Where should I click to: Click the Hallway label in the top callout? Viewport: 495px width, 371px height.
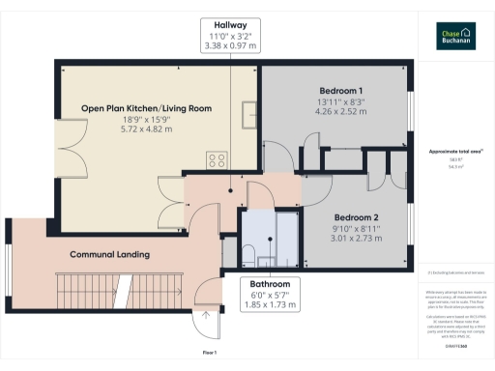(229, 25)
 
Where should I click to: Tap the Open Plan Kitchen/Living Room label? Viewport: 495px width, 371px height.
(146, 108)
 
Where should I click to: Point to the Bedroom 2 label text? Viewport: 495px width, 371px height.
(356, 217)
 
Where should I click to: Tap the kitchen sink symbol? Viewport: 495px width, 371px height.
(248, 109)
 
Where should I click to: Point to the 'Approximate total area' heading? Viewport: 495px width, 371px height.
(454, 153)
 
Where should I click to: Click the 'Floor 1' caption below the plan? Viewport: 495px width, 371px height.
(209, 355)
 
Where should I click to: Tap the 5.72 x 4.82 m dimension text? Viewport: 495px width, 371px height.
(146, 129)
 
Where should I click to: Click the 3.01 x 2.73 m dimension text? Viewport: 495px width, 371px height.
(356, 239)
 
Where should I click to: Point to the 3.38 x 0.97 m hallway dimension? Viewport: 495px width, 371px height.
(229, 45)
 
